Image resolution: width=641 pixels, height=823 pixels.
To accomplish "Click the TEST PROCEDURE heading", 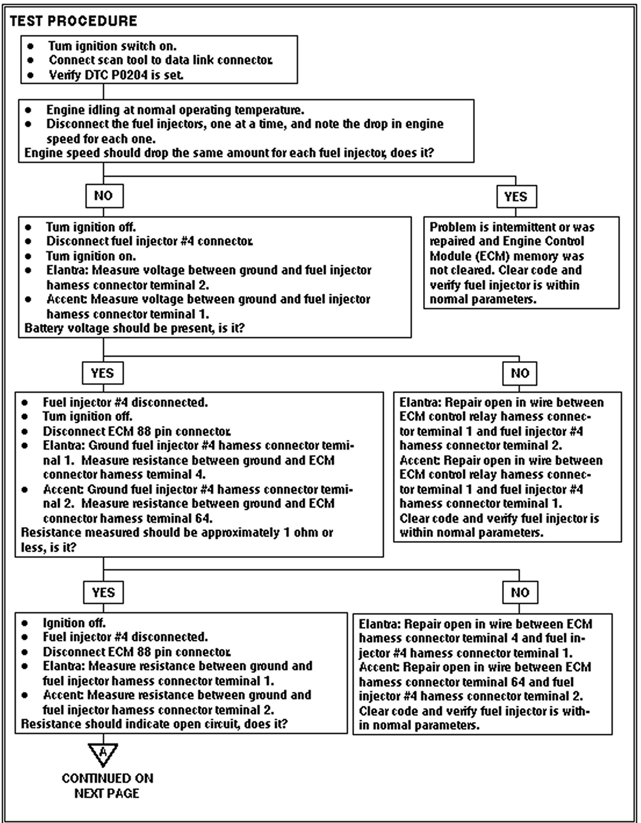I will pyautogui.click(x=74, y=21).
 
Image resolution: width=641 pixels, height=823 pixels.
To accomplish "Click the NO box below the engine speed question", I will pyautogui.click(x=104, y=196).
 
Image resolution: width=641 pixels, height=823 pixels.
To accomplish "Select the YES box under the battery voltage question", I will pyautogui.click(x=103, y=373).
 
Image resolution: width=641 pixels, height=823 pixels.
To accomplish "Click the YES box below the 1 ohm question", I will pyautogui.click(x=103, y=592).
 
